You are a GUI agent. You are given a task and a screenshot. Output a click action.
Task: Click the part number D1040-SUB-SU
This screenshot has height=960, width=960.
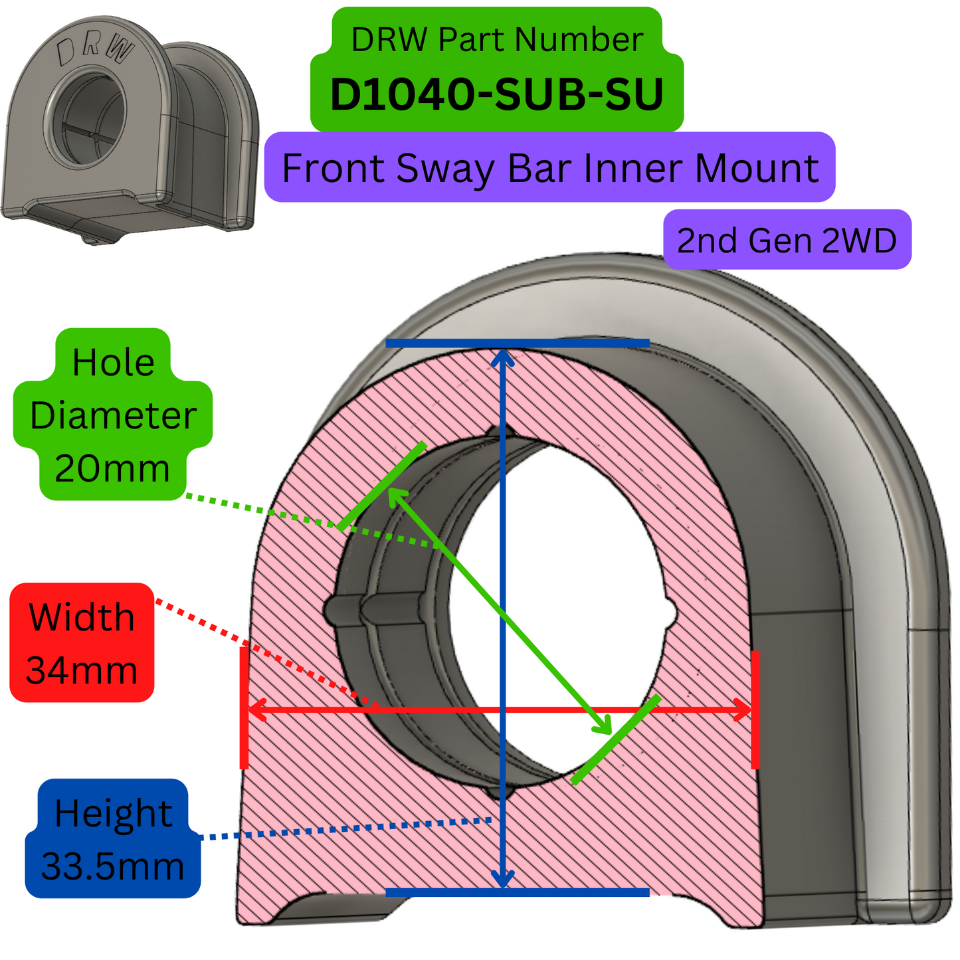[x=496, y=94]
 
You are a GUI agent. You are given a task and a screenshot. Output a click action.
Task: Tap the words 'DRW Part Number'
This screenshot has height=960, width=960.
[x=496, y=40]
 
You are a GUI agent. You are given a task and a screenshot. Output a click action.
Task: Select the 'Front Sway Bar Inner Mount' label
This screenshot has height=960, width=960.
[x=549, y=167]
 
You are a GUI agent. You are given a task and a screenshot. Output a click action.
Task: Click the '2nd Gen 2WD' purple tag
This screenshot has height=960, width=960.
[x=787, y=240]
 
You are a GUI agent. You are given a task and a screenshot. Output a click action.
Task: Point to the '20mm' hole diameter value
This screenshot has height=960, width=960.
[x=112, y=468]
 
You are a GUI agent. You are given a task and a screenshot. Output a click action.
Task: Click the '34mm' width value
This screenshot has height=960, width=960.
[x=82, y=670]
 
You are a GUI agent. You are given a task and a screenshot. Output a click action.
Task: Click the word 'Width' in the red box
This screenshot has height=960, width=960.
[x=82, y=617]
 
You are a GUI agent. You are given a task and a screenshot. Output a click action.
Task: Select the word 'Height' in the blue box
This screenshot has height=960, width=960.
[x=113, y=813]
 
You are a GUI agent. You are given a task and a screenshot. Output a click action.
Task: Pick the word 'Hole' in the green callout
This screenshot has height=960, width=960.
[x=113, y=362]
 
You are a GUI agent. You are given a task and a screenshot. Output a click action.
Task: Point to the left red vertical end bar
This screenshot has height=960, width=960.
[x=244, y=708]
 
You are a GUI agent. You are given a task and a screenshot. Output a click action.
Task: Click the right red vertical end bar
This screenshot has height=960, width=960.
[x=755, y=710]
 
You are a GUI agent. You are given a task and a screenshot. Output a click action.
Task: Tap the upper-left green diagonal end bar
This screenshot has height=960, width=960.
[x=381, y=486]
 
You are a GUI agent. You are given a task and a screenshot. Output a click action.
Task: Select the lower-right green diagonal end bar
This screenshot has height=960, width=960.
[x=615, y=739]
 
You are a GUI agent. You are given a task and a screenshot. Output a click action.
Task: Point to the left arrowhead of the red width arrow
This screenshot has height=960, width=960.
[x=256, y=710]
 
